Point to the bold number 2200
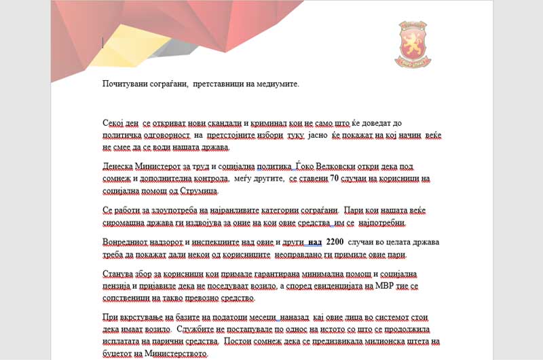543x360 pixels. pyautogui.click(x=335, y=242)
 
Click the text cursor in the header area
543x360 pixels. pyautogui.click(x=102, y=43)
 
